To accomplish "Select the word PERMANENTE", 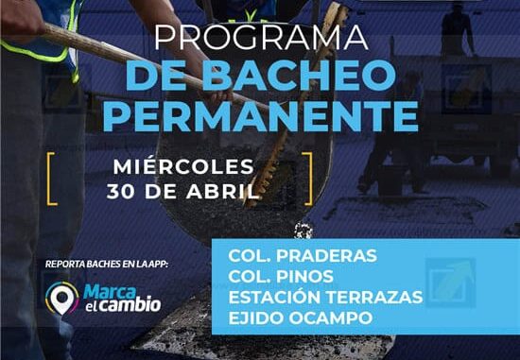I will (x=260, y=116).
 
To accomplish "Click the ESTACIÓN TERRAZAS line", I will (x=324, y=296).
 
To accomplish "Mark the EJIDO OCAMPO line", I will (x=300, y=317).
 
